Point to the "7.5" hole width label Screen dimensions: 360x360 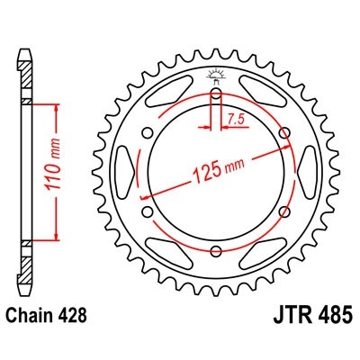point(236,118)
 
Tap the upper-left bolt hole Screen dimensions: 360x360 point(147,135)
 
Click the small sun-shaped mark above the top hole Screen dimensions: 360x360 point(216,75)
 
